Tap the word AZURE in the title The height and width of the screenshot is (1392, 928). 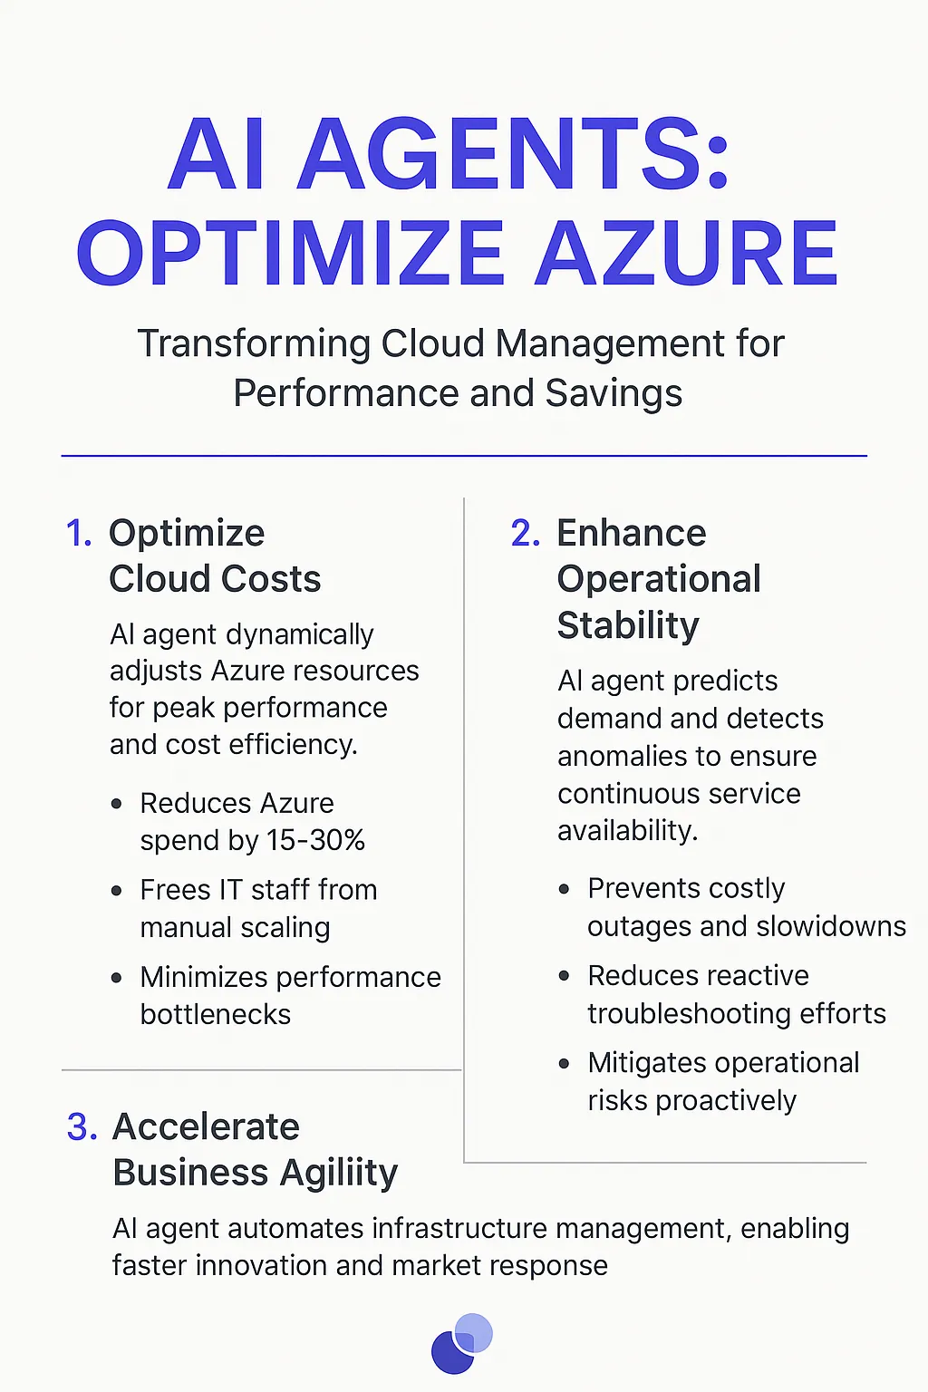coord(686,255)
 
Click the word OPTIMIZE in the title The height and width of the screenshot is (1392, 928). coord(291,255)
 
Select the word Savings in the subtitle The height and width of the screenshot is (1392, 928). coord(614,393)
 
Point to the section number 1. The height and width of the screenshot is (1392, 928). coord(79,533)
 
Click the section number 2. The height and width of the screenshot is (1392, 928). coord(525,533)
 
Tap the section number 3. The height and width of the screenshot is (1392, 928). coord(82,1126)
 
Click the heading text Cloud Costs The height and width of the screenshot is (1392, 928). coord(215,579)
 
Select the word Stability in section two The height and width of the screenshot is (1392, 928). coord(628,625)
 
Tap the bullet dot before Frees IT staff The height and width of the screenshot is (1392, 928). coord(116,891)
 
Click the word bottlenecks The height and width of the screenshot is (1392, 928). coord(216,1014)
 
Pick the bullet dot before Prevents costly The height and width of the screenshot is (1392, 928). coord(564,889)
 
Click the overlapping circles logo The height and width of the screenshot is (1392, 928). coord(462,1342)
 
